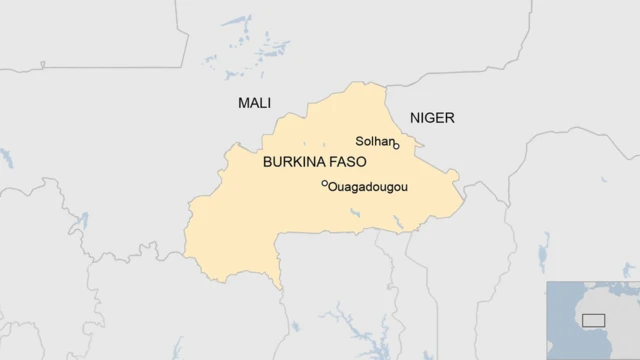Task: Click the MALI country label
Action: point(254,103)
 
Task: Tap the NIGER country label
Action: point(432,118)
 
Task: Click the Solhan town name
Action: point(375,141)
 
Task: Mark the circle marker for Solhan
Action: point(397,146)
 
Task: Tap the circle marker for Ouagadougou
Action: point(324,183)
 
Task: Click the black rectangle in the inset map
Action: point(594,320)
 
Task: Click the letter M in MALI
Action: point(243,103)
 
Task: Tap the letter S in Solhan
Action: point(360,141)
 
